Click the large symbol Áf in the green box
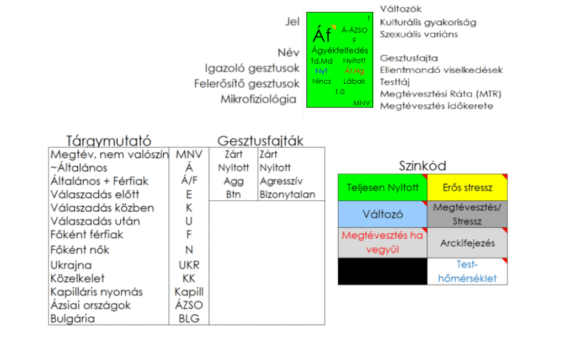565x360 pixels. point(322,35)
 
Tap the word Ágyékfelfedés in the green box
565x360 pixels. point(339,51)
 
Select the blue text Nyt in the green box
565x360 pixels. point(321,71)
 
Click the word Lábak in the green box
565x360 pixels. point(354,81)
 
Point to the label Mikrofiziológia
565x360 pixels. point(258,99)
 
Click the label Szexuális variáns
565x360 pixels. point(419,34)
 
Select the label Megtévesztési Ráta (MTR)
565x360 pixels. point(441,94)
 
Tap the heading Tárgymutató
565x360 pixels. point(109,141)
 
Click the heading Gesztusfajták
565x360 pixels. point(260,141)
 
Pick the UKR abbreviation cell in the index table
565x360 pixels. point(189,265)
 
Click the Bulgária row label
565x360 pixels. point(73,318)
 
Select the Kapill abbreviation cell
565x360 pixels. point(189,292)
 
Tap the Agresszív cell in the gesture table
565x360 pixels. point(281,181)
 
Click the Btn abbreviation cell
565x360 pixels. point(233,194)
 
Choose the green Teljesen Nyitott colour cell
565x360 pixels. point(382,187)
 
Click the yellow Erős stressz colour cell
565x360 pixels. point(467,187)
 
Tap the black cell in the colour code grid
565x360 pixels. point(382,271)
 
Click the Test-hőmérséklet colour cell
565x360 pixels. point(467,271)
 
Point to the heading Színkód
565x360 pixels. point(422,165)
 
